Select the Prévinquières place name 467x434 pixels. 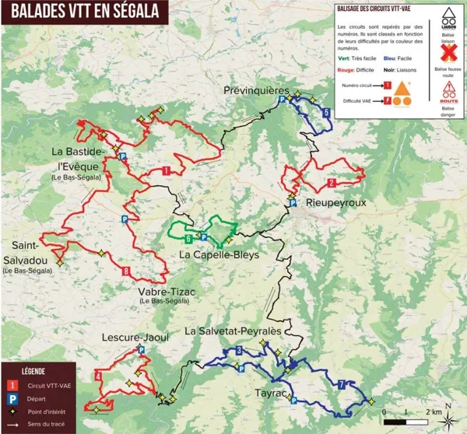click(258, 91)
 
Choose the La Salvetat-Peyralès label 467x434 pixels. click(234, 331)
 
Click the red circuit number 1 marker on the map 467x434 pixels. click(166, 170)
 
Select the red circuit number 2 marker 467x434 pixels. click(332, 183)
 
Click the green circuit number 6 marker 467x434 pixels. click(188, 238)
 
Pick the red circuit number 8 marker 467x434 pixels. click(126, 271)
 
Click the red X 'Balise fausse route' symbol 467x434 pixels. click(448, 52)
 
